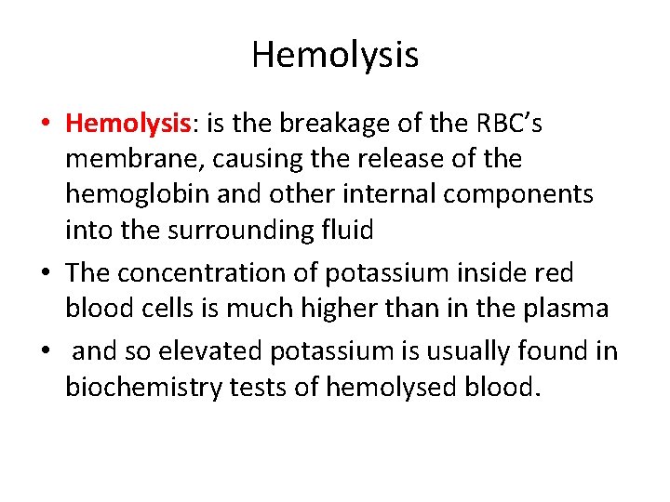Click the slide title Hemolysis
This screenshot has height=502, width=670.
[x=335, y=55]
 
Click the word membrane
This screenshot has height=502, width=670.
[x=132, y=159]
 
